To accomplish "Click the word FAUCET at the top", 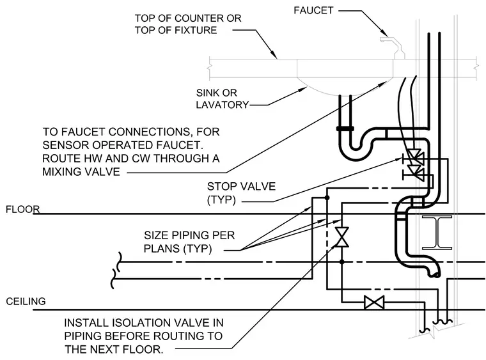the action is point(313,10).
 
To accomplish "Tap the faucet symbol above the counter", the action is point(393,48).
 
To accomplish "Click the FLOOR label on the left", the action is point(22,210).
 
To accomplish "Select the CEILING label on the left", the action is point(26,301).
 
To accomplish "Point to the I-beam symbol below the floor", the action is point(437,233).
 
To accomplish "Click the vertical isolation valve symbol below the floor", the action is point(342,237).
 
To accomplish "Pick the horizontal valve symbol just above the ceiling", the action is point(374,302).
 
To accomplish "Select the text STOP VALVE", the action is point(241,186).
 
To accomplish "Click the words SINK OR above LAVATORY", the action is point(216,93).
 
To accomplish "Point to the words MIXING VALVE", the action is point(81,171).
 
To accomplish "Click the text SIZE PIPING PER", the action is point(189,235).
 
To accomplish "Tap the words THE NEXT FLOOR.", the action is point(114,350).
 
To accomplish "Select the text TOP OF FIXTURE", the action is point(176,30).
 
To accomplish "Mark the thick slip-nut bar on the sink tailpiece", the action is point(345,129).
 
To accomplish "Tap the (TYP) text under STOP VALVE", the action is point(221,200).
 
